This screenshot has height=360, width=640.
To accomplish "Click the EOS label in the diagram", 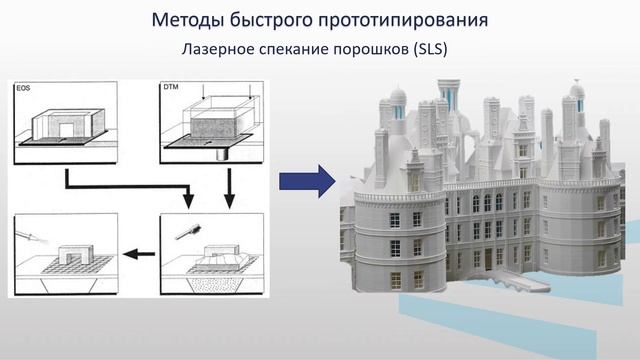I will [25, 91].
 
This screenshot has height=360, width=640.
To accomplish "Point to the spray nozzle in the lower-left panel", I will [30, 236].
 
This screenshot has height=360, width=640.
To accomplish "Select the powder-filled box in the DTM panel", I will [213, 126].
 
